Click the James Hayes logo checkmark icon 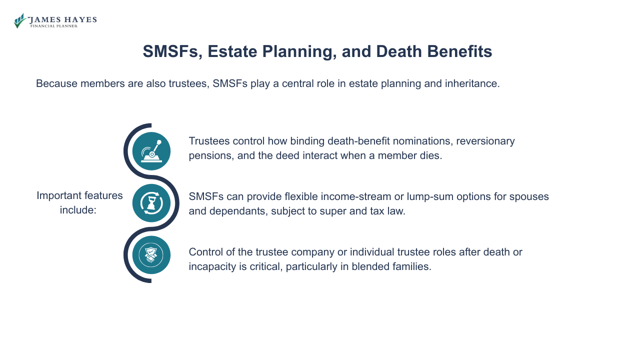[x=19, y=21]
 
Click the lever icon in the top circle [x=151, y=151]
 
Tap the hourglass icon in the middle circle [x=151, y=203]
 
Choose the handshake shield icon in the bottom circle [x=151, y=255]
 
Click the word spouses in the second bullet [x=530, y=196]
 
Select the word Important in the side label [x=59, y=195]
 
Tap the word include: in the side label [x=78, y=210]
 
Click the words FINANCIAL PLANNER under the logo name [x=54, y=26]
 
